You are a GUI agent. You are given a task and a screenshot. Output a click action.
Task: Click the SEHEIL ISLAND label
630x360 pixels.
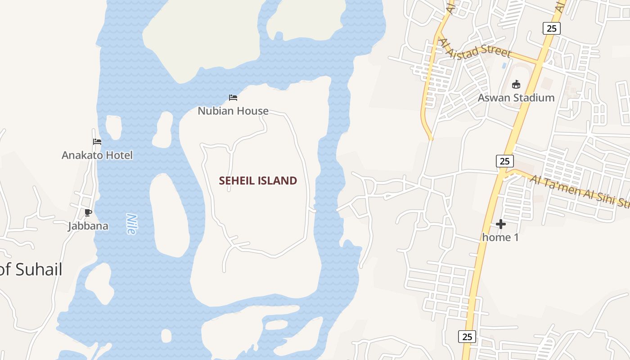coord(258,181)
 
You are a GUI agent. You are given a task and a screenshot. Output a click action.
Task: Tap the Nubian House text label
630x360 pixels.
coord(233,111)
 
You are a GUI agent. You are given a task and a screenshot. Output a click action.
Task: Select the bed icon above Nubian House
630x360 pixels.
coord(233,97)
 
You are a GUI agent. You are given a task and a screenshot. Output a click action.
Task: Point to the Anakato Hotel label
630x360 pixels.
coord(97,155)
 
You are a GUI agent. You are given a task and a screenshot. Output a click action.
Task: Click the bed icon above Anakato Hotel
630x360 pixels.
coord(97,142)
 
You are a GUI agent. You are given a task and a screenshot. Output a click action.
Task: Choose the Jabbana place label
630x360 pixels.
coord(88,226)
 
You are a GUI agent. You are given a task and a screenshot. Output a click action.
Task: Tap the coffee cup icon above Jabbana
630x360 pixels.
coord(88,212)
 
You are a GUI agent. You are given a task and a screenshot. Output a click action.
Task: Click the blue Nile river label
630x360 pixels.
coord(131,224)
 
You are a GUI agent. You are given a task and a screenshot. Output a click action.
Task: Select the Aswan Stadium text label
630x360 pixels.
coord(516,98)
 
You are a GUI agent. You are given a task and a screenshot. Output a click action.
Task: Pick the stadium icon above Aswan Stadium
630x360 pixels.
coord(516,84)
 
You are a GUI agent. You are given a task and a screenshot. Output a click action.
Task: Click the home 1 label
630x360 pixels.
coord(500,237)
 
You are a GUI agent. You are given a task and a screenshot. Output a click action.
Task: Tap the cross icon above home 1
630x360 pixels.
coord(501,224)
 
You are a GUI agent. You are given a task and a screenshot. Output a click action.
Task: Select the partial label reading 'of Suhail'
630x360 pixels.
coord(31,270)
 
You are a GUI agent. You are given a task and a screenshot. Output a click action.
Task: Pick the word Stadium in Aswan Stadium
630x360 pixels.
coord(535,98)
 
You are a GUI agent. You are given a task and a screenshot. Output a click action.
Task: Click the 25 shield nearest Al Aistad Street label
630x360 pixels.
coord(551,28)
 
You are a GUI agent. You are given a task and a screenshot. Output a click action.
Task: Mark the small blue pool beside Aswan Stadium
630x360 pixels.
coord(504,66)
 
